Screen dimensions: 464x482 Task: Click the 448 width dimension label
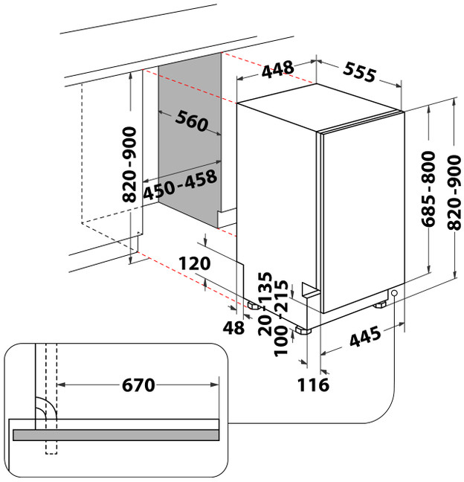278,69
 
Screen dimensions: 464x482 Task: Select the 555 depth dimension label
359,72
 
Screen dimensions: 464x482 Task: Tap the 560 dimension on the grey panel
192,120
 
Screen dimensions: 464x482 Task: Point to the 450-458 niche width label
180,184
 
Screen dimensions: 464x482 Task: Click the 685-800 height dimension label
428,189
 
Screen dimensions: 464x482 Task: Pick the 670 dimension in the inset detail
138,385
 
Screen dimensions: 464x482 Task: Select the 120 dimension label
195,263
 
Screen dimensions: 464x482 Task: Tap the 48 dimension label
233,328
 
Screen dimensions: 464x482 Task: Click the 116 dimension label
314,385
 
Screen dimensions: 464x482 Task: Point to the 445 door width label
365,337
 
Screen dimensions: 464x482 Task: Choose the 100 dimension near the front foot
281,341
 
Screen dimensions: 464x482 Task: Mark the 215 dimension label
281,296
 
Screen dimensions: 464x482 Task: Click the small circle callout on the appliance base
395,293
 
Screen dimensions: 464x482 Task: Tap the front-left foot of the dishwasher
303,331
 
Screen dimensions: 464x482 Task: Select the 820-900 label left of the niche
129,164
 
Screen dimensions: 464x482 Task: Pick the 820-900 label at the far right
455,193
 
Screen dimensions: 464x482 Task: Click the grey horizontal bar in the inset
116,435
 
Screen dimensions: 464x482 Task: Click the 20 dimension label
265,325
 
